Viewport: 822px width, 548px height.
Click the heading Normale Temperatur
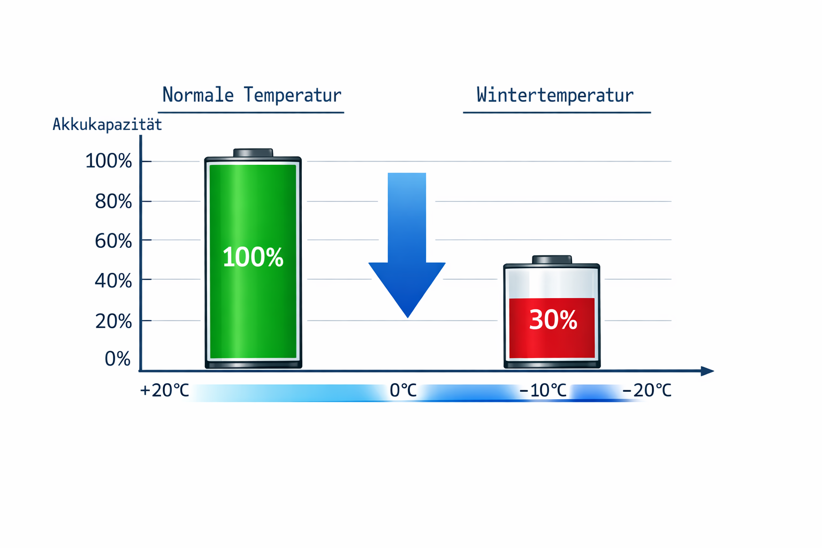252,95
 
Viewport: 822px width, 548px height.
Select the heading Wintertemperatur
555,95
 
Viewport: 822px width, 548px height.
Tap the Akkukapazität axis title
107,125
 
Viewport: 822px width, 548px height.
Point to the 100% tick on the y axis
109,161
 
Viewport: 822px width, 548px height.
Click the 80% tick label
113,202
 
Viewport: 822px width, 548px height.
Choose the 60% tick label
113,241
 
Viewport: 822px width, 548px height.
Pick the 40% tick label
113,281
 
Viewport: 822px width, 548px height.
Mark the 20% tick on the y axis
113,321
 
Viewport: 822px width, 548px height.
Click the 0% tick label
118,359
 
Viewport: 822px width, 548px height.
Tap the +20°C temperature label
164,391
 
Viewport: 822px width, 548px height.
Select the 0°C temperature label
403,391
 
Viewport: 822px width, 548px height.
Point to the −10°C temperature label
543,391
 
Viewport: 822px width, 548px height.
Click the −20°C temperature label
646,391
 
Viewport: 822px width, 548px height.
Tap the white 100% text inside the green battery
253,257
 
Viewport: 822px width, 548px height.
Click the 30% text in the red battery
553,320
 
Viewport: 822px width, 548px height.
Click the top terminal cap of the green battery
253,153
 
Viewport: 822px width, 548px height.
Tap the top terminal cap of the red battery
552,260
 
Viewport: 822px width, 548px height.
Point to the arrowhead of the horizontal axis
707,371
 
